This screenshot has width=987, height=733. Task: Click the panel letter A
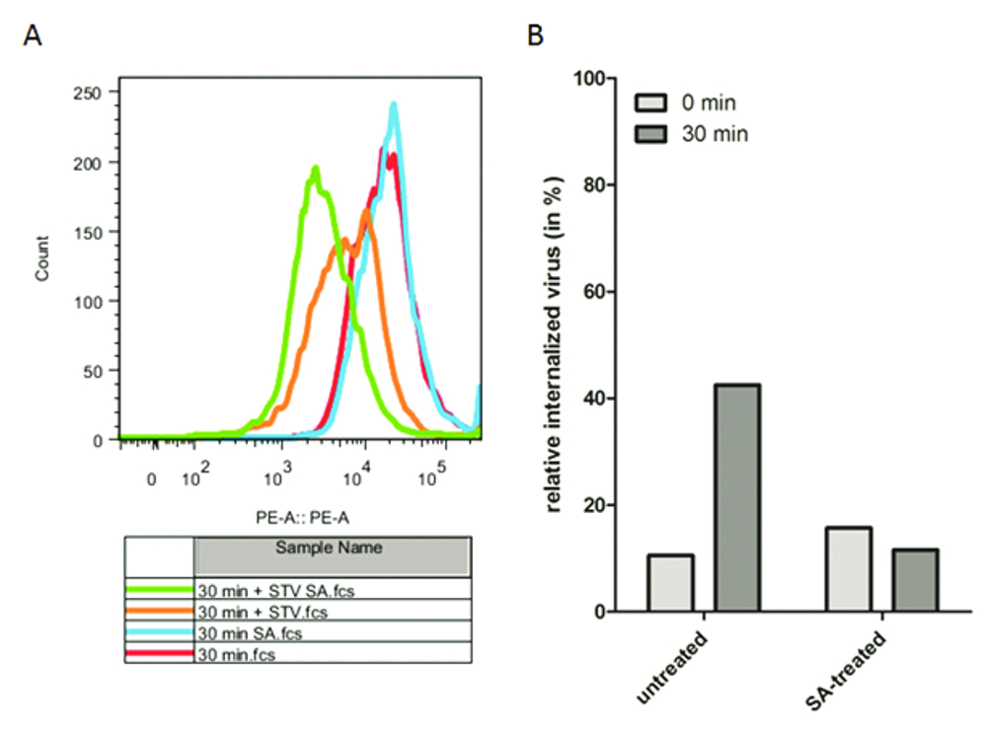(x=33, y=37)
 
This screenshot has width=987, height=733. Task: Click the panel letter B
(x=536, y=37)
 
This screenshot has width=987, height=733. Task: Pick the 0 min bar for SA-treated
(x=848, y=569)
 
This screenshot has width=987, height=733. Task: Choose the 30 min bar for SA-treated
(x=916, y=580)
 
